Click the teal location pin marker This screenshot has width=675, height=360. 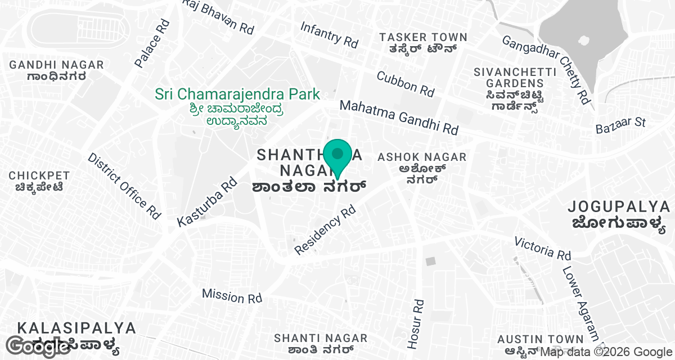click(x=337, y=155)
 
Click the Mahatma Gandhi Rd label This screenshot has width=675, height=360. click(x=399, y=117)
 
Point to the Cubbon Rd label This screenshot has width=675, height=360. click(x=406, y=83)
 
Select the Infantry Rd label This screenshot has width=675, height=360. click(x=329, y=34)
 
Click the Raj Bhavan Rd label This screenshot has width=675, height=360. click(x=218, y=16)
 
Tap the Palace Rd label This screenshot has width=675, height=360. click(x=152, y=43)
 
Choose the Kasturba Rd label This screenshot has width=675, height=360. click(x=207, y=202)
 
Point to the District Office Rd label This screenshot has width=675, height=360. click(x=124, y=186)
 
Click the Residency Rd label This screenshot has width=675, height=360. click(x=326, y=229)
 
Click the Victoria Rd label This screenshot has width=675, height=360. click(x=543, y=247)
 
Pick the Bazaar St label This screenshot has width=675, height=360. click(x=621, y=126)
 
